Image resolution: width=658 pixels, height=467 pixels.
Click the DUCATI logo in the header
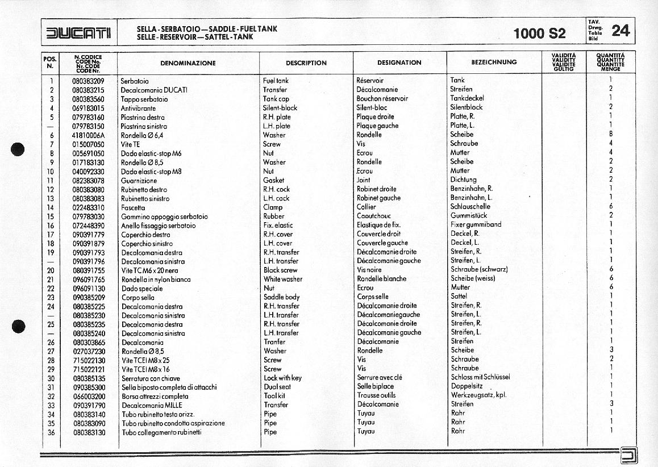(79, 32)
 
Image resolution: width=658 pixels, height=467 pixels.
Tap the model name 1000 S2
(539, 33)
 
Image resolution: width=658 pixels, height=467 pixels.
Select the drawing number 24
(620, 31)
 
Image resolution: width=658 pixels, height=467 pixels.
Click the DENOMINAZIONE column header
(188, 63)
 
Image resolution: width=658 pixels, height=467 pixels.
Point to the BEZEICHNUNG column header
(494, 62)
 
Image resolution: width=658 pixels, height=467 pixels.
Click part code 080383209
(88, 81)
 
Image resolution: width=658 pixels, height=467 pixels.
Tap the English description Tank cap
(276, 99)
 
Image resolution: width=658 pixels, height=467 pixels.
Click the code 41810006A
(88, 135)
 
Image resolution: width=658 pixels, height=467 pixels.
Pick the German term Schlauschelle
(470, 207)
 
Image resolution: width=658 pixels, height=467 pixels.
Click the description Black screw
(280, 270)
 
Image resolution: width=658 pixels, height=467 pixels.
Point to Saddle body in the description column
(281, 297)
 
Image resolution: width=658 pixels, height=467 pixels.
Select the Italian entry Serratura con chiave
(151, 378)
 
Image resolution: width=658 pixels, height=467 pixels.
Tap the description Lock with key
(282, 378)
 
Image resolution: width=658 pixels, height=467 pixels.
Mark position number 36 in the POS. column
(51, 432)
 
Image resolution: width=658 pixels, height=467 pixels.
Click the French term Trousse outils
(376, 395)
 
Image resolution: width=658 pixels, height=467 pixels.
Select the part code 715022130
(89, 360)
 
